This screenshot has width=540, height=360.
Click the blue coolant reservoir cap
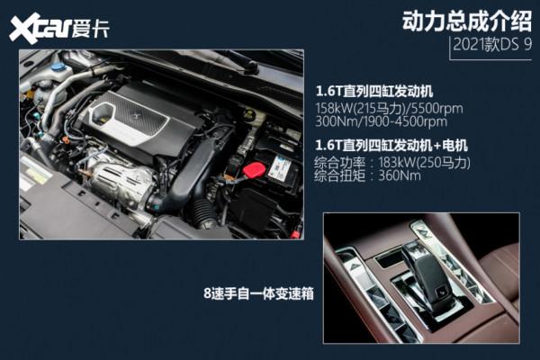tap(58, 67)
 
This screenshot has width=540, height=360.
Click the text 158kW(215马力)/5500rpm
tap(387, 107)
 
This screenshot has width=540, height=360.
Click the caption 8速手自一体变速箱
tap(259, 292)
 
